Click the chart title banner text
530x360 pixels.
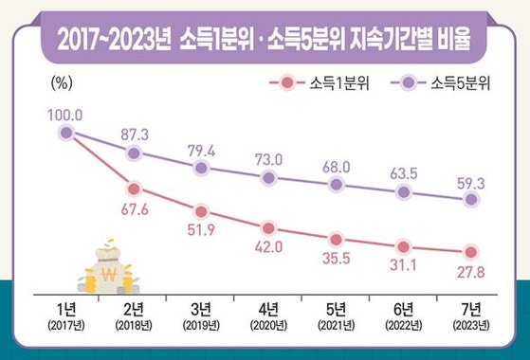coord(265,39)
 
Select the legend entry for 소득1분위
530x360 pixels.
coord(307,85)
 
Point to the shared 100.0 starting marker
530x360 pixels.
coord(65,134)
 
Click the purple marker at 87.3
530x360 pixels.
coord(134,153)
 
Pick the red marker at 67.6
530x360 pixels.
coord(134,189)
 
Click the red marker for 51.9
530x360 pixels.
coord(201,211)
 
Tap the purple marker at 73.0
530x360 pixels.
coord(269,177)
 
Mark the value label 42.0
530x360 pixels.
coord(269,250)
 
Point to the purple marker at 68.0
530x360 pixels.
coord(337,185)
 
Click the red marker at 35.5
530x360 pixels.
coord(337,239)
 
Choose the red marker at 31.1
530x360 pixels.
coord(404,245)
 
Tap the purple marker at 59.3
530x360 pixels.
coord(471,199)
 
